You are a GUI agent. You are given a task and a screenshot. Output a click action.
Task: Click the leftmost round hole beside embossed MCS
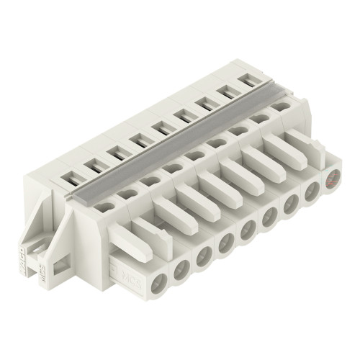pos(159,282)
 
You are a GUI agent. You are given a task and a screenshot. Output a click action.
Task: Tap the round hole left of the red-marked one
pos(312,194)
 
